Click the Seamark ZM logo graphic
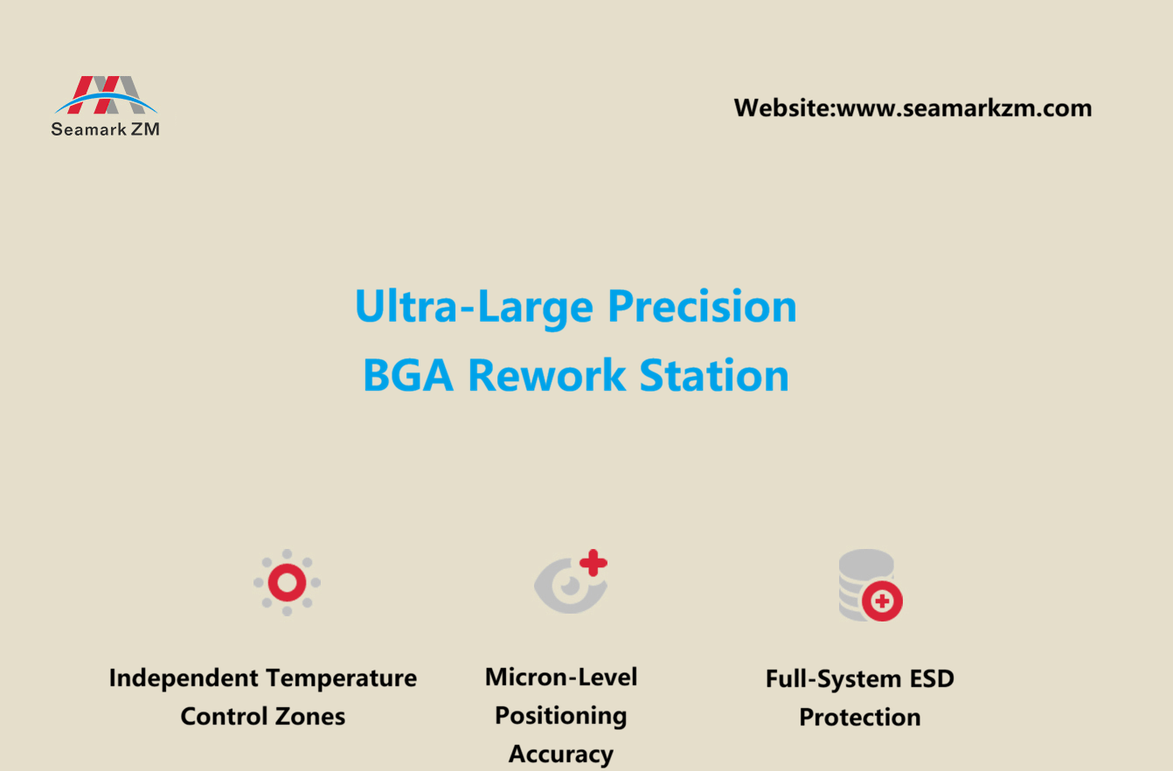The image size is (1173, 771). (107, 94)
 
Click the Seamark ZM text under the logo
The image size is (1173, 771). (105, 128)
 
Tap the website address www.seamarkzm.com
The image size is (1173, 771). (964, 108)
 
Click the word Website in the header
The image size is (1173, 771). (781, 108)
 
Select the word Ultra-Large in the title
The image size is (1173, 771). (475, 307)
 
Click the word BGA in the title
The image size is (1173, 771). (408, 375)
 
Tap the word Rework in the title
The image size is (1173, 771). (546, 375)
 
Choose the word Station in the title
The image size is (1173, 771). (714, 375)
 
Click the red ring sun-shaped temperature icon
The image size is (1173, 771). (287, 582)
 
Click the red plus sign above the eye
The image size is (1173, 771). (593, 563)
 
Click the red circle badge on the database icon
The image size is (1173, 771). (882, 601)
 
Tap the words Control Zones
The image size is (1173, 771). (263, 716)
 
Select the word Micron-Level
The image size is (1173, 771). (561, 677)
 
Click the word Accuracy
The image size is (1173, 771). (561, 754)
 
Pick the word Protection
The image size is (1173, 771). (860, 717)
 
